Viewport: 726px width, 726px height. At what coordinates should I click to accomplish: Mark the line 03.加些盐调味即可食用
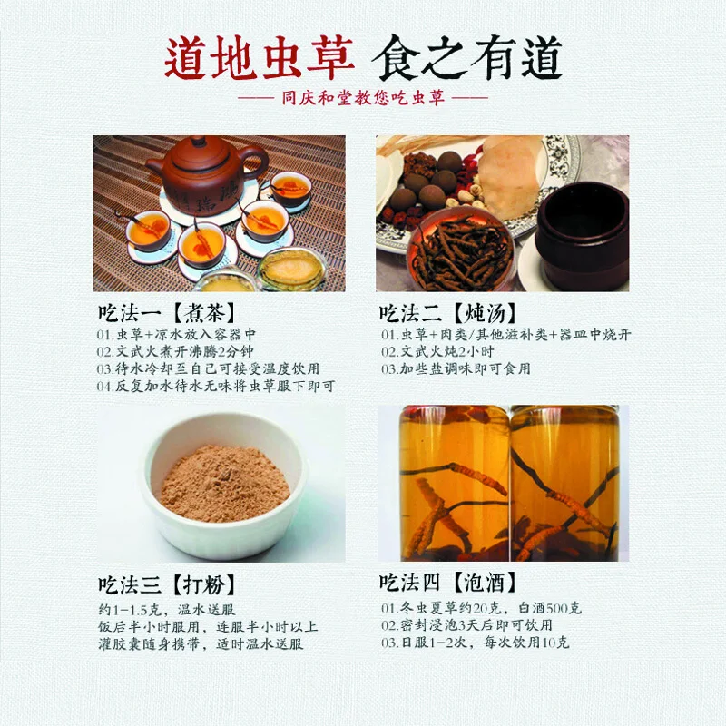456,368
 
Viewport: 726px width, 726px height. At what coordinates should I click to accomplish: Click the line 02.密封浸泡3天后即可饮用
466,625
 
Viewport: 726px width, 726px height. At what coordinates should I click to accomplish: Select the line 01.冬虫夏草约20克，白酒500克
482,609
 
